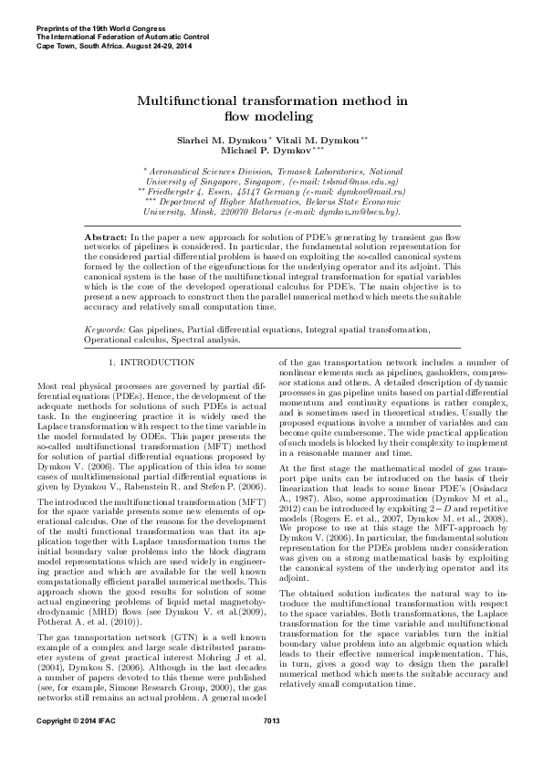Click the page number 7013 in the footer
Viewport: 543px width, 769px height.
point(270,748)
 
